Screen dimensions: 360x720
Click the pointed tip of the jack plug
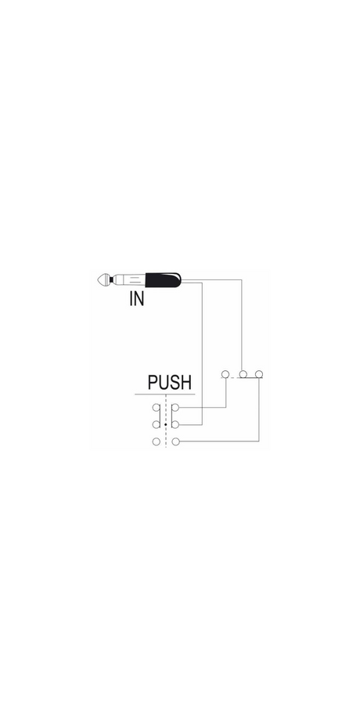pos(99,279)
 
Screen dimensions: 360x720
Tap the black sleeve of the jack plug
pos(163,279)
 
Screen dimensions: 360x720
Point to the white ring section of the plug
pos(129,279)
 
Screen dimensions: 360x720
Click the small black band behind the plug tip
pos(112,279)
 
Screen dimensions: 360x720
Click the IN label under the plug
pos(137,298)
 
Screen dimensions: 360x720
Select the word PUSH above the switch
pos(170,383)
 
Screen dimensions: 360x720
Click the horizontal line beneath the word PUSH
pos(165,394)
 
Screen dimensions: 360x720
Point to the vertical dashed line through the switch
pos(166,420)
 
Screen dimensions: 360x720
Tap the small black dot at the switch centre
pos(166,425)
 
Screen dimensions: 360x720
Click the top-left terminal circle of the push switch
pos(156,408)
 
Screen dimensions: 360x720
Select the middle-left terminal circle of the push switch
pos(156,425)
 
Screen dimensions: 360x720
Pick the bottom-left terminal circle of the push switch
pos(156,441)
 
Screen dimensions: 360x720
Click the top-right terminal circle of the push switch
pos(175,408)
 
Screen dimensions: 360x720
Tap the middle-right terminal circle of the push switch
pos(175,425)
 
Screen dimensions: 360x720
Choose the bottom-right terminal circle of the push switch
pos(175,441)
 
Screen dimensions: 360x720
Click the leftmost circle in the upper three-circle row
pos(225,374)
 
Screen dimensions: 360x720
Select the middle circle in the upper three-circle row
pos(243,374)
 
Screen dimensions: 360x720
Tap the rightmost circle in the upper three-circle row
pos(259,374)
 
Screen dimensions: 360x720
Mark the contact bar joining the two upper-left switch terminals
pos(160,416)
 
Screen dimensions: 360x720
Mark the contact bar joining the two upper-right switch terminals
pos(171,416)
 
